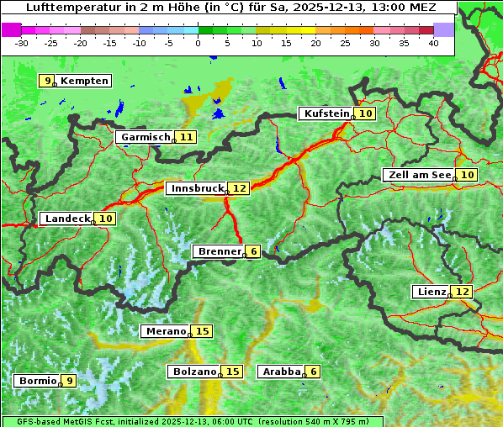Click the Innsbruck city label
(x=196, y=188)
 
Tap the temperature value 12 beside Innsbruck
(x=240, y=188)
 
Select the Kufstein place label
(x=326, y=113)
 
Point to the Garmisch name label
(x=145, y=137)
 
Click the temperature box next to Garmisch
(x=186, y=137)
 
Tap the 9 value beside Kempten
(x=47, y=81)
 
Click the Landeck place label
(x=66, y=219)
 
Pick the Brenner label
(x=218, y=251)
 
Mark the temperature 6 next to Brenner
(x=253, y=251)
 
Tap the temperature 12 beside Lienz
(x=463, y=292)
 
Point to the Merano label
(x=165, y=331)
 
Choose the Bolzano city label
(x=194, y=371)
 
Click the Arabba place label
(x=281, y=371)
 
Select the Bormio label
(x=37, y=380)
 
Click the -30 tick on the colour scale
(x=22, y=43)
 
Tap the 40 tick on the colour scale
(x=433, y=43)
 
